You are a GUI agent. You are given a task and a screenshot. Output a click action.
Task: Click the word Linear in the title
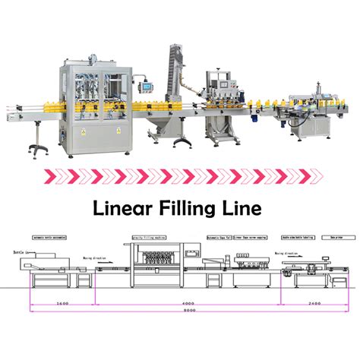click(120, 207)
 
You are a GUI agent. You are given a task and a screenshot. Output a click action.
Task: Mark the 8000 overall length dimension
click(179, 311)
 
